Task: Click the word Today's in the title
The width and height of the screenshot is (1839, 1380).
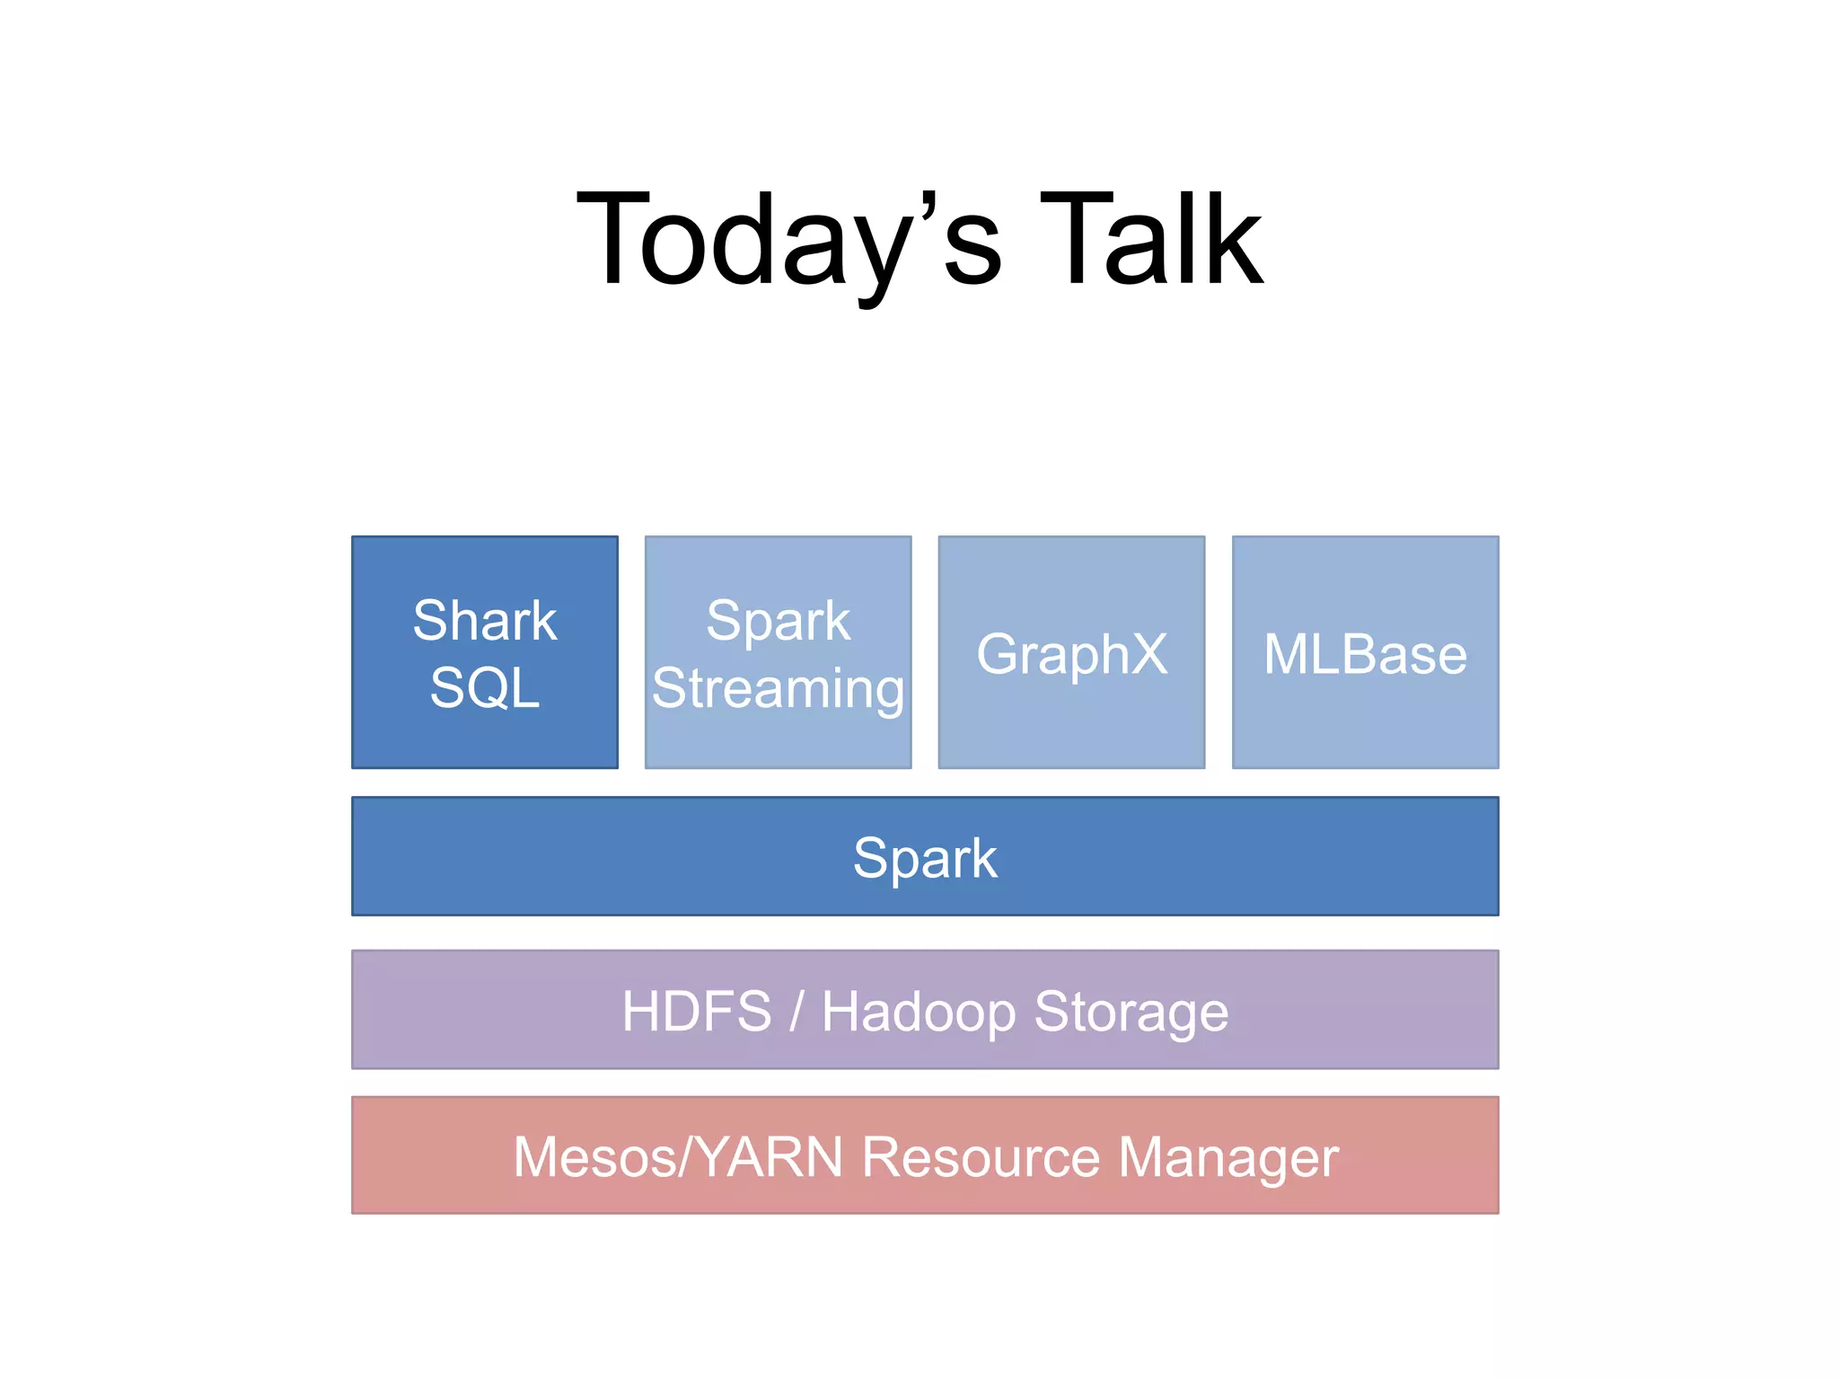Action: [788, 241]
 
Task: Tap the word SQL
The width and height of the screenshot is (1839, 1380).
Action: [485, 687]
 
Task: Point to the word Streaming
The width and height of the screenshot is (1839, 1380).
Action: [778, 689]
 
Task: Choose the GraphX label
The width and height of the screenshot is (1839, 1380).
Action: [1071, 654]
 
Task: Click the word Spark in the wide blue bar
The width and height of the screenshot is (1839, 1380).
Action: [924, 858]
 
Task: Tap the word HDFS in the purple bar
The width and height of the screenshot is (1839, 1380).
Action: [697, 1011]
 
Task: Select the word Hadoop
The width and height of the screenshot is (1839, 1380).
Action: [919, 1013]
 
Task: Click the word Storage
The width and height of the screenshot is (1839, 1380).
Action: [1131, 1013]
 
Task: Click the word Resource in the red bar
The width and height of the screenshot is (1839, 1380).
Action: [981, 1156]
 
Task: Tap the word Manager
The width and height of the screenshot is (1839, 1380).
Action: [1227, 1158]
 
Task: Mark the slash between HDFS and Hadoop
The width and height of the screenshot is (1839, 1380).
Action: [796, 1011]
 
